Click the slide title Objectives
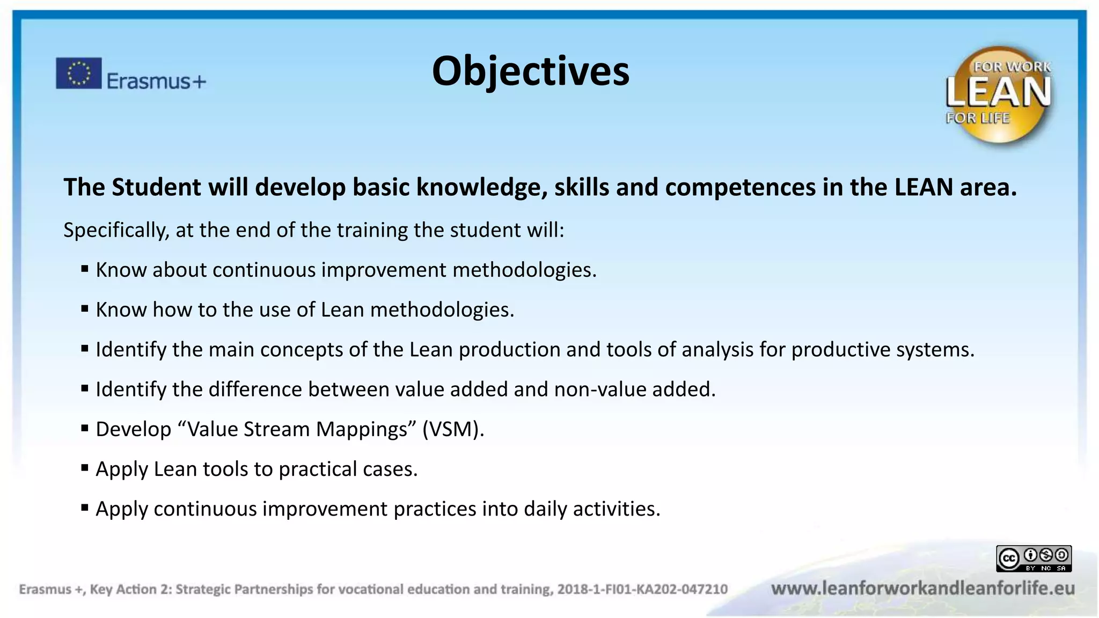point(530,71)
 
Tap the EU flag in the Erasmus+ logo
point(78,73)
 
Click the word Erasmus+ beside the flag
point(156,81)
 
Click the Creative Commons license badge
point(1034,558)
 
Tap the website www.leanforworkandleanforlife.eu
point(922,588)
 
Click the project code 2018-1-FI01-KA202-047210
point(642,590)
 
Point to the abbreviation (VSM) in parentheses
point(452,429)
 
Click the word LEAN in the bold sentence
point(924,187)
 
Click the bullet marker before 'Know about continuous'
point(85,269)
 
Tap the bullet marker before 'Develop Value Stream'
point(85,428)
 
